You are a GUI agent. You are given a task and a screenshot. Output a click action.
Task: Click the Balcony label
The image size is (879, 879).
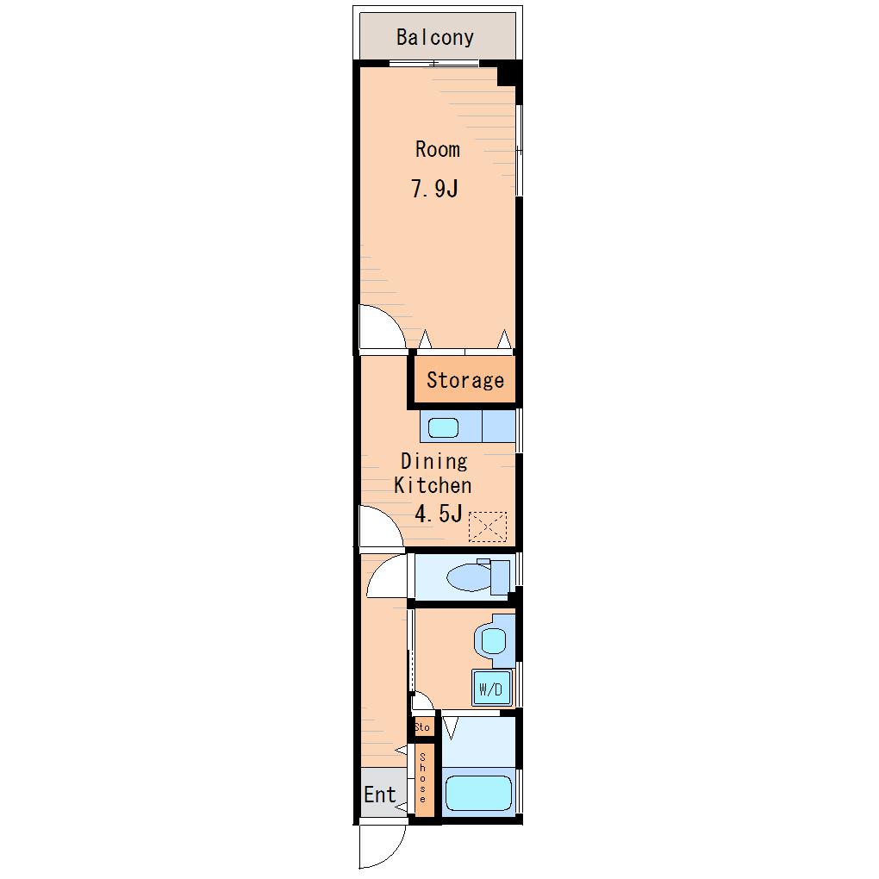(x=435, y=37)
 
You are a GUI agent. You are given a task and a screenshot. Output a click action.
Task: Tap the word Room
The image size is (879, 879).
(x=437, y=149)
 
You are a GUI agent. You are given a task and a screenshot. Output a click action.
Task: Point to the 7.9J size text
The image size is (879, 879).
(x=434, y=189)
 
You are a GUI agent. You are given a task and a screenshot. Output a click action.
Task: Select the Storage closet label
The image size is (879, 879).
(x=465, y=380)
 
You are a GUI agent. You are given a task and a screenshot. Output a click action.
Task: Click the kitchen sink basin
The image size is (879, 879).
(x=443, y=427)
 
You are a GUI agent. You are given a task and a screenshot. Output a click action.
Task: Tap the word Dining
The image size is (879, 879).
(x=433, y=462)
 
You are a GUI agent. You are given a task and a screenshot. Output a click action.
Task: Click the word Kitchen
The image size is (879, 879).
(x=433, y=485)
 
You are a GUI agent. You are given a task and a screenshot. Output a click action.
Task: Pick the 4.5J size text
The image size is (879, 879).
(x=439, y=513)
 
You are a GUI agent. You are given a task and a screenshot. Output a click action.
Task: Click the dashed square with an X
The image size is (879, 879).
(x=487, y=527)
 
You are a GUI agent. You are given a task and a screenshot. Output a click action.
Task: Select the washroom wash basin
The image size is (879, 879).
(x=493, y=641)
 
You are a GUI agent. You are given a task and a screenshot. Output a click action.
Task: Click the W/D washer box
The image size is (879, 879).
(x=491, y=688)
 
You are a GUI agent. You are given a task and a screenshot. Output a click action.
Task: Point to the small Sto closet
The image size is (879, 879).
(x=422, y=727)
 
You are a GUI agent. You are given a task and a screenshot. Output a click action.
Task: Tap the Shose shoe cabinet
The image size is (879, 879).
(x=423, y=780)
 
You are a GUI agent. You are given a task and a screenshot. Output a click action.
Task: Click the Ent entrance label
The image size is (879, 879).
(x=379, y=795)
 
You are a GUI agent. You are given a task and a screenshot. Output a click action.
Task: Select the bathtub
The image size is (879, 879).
(x=478, y=793)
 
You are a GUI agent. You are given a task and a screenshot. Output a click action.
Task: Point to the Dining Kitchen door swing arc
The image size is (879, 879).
(x=390, y=518)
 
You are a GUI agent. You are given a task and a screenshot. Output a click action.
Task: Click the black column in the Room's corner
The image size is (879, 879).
(x=509, y=73)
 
